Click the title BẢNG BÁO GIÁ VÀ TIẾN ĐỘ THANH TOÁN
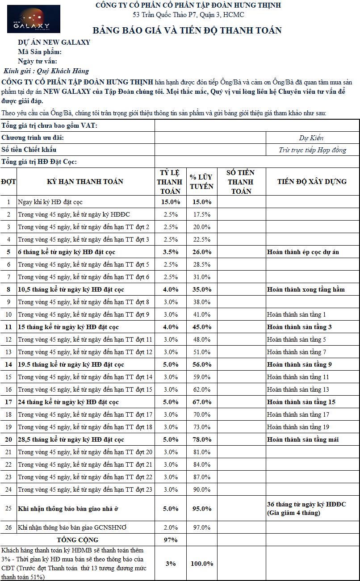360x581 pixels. pos(187,30)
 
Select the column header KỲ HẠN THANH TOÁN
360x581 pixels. pos(85,181)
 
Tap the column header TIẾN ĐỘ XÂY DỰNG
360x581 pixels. pos(312,181)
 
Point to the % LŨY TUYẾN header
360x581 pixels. pos(201,181)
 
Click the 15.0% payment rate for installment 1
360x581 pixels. pos(171,202)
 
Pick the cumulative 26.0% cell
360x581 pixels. pos(201,252)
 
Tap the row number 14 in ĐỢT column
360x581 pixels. pos(8,364)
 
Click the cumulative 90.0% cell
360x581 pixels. pos(201,489)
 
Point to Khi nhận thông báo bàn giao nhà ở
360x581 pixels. pos(68,509)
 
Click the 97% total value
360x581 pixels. pos(171,540)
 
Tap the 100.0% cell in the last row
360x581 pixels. pos(201,564)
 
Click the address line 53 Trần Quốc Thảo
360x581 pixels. pos(188,15)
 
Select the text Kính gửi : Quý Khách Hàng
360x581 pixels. pos(46,71)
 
